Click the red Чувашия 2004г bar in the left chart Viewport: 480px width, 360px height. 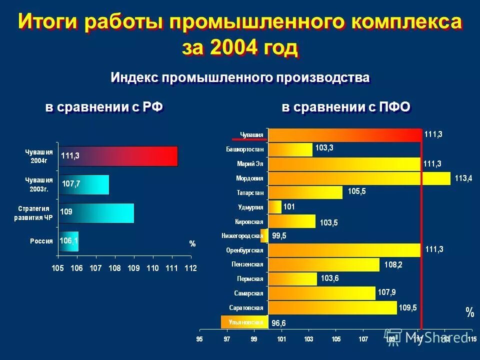(118, 155)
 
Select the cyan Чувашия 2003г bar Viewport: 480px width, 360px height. (84, 184)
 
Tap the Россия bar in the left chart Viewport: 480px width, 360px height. (69, 240)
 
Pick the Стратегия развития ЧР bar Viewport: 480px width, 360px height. (96, 212)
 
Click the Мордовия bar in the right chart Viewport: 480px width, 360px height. (359, 178)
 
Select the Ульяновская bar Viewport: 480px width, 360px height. (244, 322)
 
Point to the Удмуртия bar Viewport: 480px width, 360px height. (275, 206)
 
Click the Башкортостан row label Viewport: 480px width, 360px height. (244, 149)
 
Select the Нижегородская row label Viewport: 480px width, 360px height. (242, 235)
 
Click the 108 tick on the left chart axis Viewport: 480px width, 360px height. (115, 268)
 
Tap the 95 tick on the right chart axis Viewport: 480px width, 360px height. (200, 339)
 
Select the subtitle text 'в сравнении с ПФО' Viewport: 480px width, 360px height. (346, 107)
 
